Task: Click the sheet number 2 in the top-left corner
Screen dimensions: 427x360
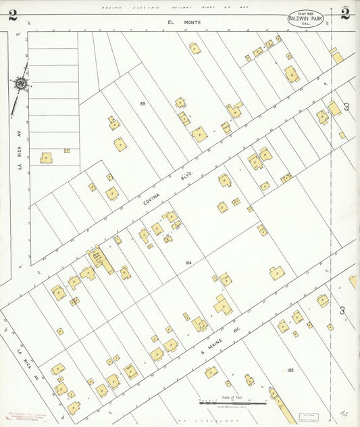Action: (x=12, y=16)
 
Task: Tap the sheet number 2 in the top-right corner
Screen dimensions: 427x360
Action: (x=344, y=14)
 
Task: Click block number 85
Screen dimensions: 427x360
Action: (x=143, y=103)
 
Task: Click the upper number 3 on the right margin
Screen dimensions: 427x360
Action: (x=346, y=107)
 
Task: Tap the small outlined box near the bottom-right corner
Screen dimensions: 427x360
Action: (x=313, y=410)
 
